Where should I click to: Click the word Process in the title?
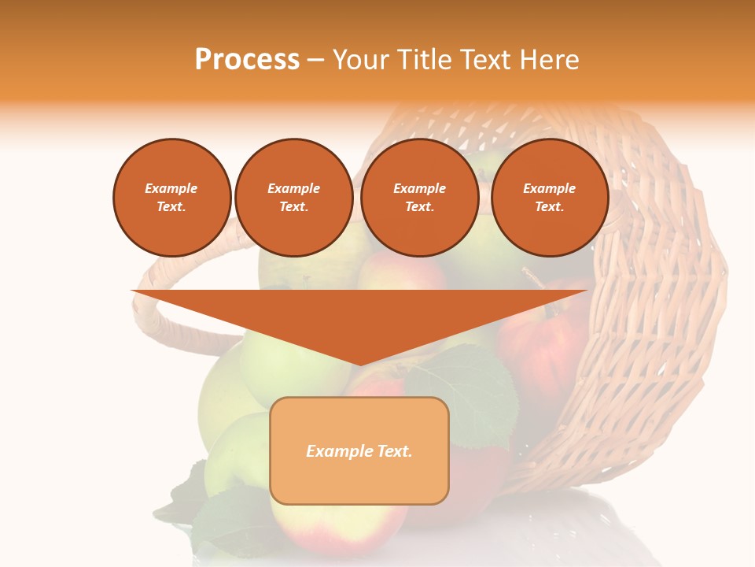(247, 60)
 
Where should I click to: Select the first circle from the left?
(171, 198)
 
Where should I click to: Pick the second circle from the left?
(293, 198)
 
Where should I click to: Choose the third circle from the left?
(419, 198)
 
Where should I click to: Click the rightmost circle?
(549, 198)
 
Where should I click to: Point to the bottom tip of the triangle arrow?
(359, 364)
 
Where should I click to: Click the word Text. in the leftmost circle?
(171, 207)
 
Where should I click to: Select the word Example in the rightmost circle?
(549, 188)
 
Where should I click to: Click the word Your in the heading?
(359, 60)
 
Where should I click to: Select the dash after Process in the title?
(315, 61)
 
